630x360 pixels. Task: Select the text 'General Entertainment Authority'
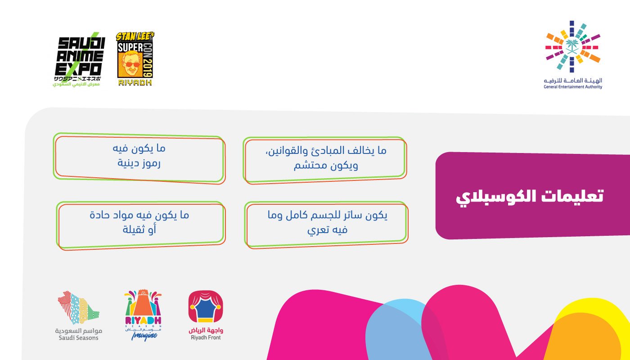pyautogui.click(x=572, y=86)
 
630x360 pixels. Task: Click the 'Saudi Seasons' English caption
pyautogui.click(x=78, y=337)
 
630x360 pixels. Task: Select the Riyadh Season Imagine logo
pyautogui.click(x=143, y=315)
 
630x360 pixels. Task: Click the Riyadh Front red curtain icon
pyautogui.click(x=206, y=308)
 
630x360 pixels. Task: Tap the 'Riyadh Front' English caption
pyautogui.click(x=206, y=337)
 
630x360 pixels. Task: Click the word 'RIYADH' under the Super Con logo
pyautogui.click(x=135, y=83)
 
